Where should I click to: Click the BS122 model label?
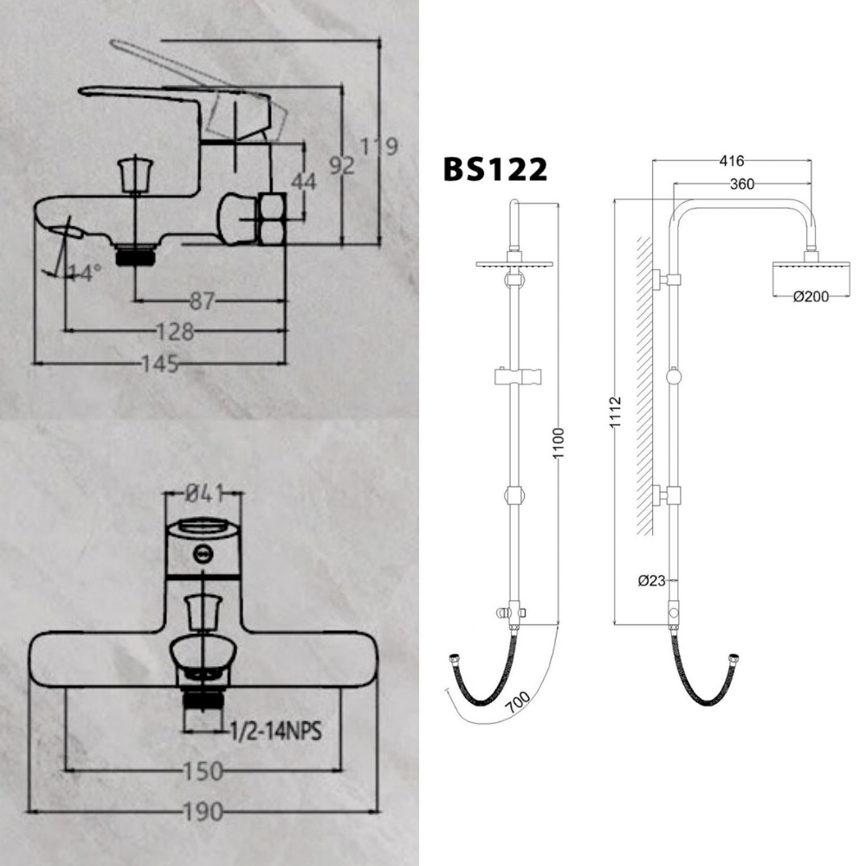pos(494,168)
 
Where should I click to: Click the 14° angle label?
pos(85,273)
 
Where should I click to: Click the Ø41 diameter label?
pos(204,493)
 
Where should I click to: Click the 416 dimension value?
pos(732,161)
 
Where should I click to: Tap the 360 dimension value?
pos(742,184)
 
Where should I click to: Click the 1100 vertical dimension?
pos(558,443)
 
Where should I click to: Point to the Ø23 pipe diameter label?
pos(651,581)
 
